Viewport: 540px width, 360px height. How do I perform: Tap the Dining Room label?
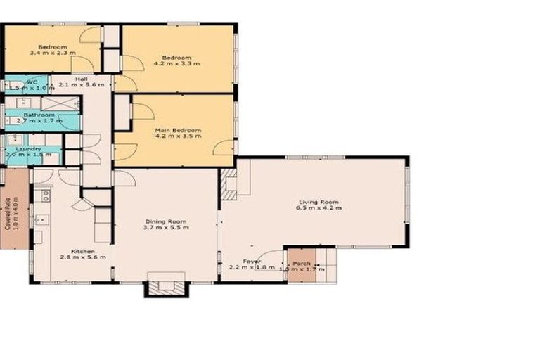[x=166, y=221]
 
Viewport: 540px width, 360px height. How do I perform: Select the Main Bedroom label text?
[x=178, y=130]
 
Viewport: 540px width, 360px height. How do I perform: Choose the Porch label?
[x=302, y=263]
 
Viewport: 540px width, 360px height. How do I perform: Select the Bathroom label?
[x=39, y=115]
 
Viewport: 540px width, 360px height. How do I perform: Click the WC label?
[x=31, y=82]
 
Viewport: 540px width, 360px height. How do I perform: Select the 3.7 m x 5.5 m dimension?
[x=166, y=228]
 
